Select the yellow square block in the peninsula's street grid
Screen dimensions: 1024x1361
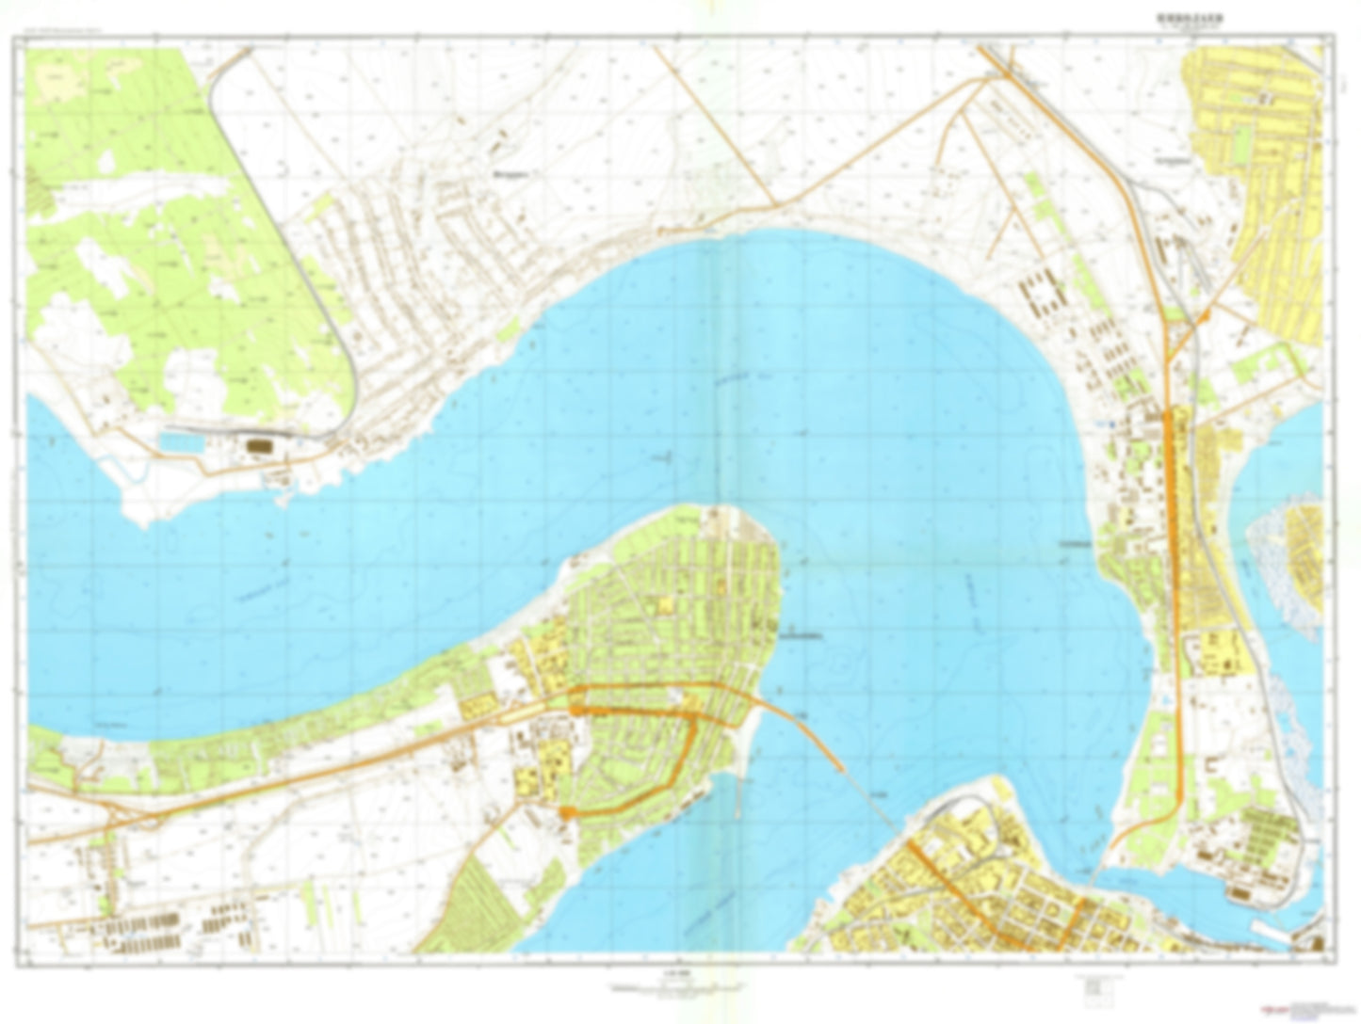[x=667, y=603]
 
